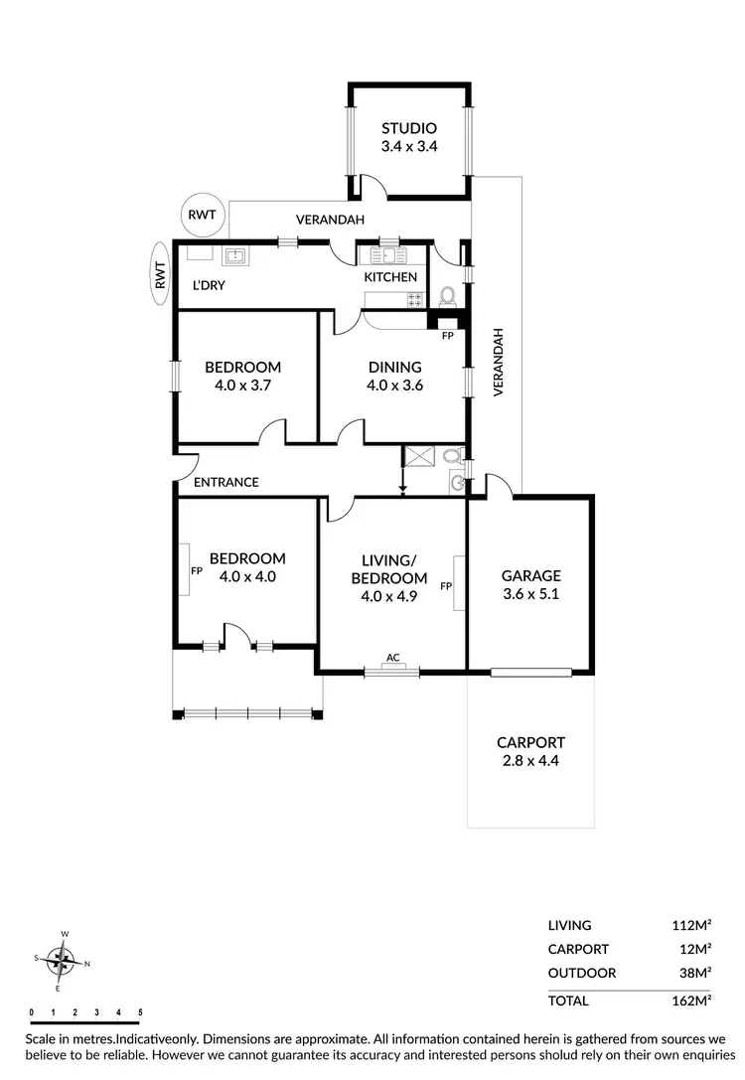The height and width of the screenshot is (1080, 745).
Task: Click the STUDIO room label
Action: point(409,128)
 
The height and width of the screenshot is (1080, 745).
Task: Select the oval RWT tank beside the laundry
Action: point(159,269)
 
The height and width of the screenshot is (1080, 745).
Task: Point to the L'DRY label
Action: point(209,286)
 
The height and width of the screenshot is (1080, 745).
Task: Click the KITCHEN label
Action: point(390,276)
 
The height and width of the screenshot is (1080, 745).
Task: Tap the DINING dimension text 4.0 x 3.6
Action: point(394,386)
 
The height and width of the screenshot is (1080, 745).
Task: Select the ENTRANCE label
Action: point(225,482)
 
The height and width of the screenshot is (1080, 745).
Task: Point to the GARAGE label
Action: point(530,575)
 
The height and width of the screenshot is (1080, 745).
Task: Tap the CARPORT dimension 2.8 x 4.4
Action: point(530,762)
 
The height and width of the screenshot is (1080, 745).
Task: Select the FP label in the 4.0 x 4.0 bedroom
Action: point(196,571)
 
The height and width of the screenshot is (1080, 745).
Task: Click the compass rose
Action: point(65,960)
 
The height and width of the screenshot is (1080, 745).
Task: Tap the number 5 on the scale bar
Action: point(140,1012)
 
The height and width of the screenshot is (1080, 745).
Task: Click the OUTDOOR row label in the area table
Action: point(582,973)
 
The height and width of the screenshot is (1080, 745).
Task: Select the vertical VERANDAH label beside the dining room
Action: point(499,364)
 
